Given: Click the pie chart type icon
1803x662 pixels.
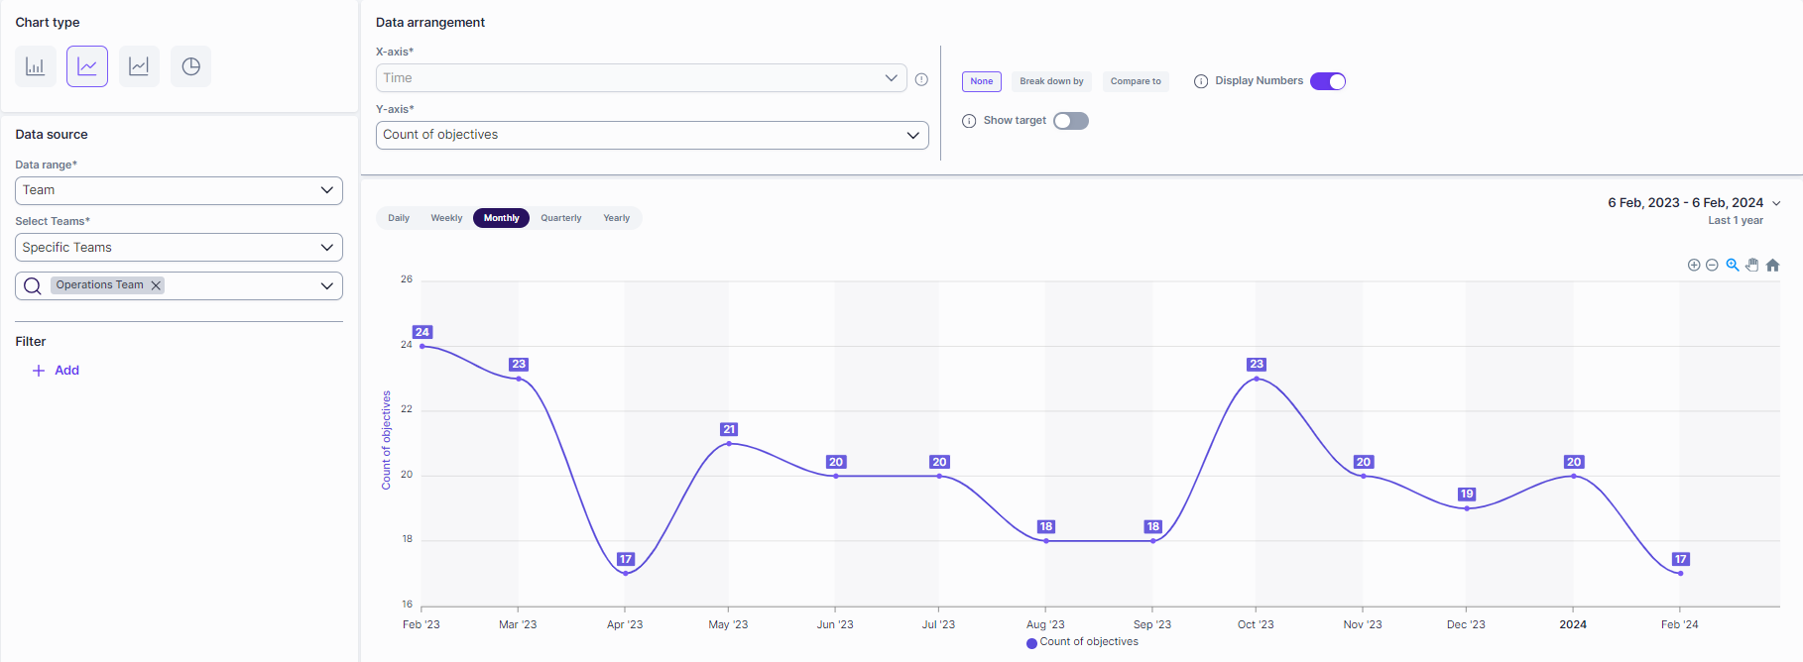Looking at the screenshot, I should pyautogui.click(x=190, y=66).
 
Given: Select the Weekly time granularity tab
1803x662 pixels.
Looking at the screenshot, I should pyautogui.click(x=446, y=218).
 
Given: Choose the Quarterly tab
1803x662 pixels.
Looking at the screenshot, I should pyautogui.click(x=561, y=218).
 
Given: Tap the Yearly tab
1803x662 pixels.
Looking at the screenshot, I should pyautogui.click(x=616, y=218).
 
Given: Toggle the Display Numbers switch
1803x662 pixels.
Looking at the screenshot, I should pyautogui.click(x=1328, y=81).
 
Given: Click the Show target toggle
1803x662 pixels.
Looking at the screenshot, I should pyautogui.click(x=1071, y=121).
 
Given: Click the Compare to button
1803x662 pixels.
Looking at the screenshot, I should pyautogui.click(x=1136, y=81).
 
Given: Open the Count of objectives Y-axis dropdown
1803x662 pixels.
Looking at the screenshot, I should pyautogui.click(x=652, y=135).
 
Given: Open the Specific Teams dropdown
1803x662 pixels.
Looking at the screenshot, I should pyautogui.click(x=179, y=248).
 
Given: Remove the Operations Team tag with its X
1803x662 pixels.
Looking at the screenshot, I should pyautogui.click(x=156, y=285).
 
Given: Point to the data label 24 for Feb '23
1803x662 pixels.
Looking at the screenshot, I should pyautogui.click(x=422, y=332).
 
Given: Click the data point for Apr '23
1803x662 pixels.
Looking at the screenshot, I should pyautogui.click(x=626, y=573).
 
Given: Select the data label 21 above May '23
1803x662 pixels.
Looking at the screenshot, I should pyautogui.click(x=729, y=429).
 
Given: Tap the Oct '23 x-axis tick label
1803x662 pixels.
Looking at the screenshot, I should pyautogui.click(x=1256, y=624).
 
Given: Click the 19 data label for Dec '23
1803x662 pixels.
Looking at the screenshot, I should pyautogui.click(x=1467, y=494).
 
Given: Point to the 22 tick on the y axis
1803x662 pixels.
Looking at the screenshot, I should pyautogui.click(x=407, y=409).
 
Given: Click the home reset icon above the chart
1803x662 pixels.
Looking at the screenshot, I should pyautogui.click(x=1773, y=265).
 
